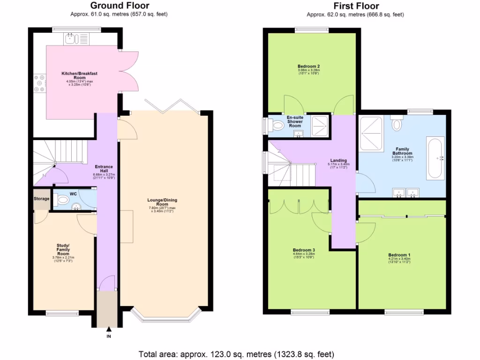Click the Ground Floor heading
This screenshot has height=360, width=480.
tap(120, 6)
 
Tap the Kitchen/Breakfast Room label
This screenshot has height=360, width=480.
tap(76, 76)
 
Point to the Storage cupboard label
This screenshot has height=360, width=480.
tap(41, 199)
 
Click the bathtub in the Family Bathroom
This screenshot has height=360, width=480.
tap(434, 158)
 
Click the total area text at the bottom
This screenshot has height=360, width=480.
tap(236, 354)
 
